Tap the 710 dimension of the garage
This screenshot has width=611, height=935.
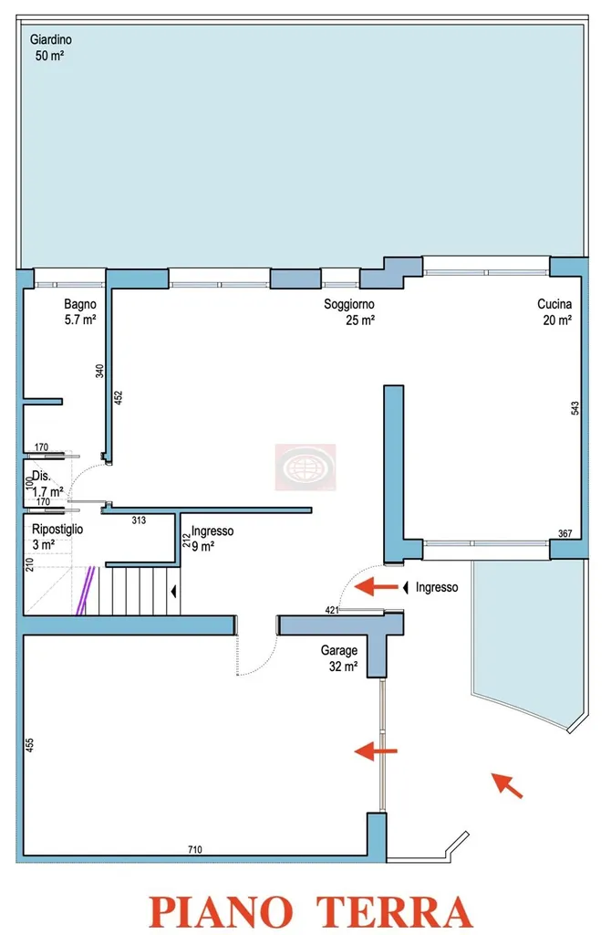pyautogui.click(x=195, y=849)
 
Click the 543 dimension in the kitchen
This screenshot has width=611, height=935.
pyautogui.click(x=575, y=408)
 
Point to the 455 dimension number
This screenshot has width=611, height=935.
pyautogui.click(x=29, y=745)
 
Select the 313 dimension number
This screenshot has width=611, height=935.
pyautogui.click(x=139, y=520)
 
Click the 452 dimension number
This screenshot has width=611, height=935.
pyautogui.click(x=118, y=398)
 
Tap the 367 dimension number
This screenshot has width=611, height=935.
pyautogui.click(x=564, y=533)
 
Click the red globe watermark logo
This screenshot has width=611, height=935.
pyautogui.click(x=305, y=467)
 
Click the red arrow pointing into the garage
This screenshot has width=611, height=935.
pyautogui.click(x=376, y=751)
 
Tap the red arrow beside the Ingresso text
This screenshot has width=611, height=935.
pyautogui.click(x=376, y=587)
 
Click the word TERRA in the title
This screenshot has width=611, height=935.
pyautogui.click(x=394, y=911)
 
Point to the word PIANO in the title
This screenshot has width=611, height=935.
pyautogui.click(x=221, y=911)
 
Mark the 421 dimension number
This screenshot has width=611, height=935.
pyautogui.click(x=332, y=610)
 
